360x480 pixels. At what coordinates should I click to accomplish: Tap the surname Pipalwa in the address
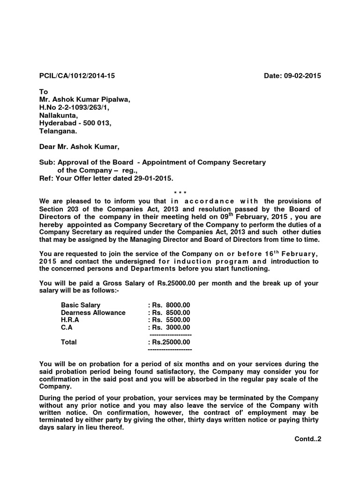(112, 100)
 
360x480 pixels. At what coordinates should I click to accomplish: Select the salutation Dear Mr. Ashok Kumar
(79, 147)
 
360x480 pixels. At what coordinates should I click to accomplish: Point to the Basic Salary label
(81, 305)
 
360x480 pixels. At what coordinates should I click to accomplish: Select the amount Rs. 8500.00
(169, 313)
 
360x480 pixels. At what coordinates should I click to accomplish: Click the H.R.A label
(70, 320)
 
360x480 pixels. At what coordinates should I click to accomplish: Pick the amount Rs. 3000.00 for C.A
(169, 328)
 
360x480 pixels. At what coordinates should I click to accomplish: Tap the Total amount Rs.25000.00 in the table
(169, 342)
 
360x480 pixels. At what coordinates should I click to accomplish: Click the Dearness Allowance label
(93, 313)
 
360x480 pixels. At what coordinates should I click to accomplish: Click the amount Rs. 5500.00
(169, 320)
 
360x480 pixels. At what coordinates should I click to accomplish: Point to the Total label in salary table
(69, 342)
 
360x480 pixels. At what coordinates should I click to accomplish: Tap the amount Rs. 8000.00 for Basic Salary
(169, 305)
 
